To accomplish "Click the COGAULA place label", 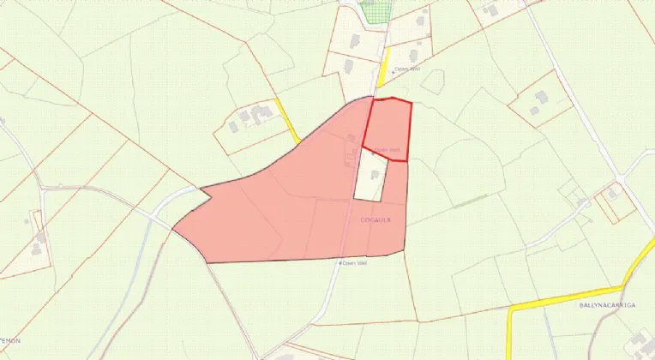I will tap(376, 220).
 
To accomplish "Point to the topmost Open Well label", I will tap(406, 71).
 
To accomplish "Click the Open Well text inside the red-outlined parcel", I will tap(387, 151).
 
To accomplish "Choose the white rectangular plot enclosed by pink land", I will tap(370, 176).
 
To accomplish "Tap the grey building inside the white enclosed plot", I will tap(374, 174).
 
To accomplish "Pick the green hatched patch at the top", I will tap(375, 11).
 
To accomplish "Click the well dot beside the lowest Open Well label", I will tap(340, 263).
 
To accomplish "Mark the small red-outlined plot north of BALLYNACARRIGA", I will tap(615, 201).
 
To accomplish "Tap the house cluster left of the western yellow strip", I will tap(250, 117).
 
